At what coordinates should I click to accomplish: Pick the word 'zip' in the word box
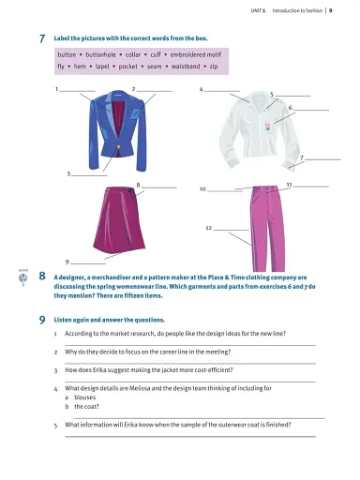pyautogui.click(x=214, y=67)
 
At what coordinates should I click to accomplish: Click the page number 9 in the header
pyautogui.click(x=344, y=8)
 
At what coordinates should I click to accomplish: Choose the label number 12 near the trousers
pyautogui.click(x=209, y=228)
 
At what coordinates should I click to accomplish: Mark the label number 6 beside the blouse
pyautogui.click(x=291, y=109)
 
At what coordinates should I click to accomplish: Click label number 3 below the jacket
pyautogui.click(x=68, y=175)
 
